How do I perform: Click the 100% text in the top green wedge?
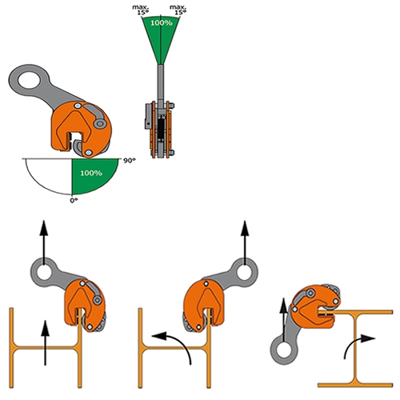[162, 23]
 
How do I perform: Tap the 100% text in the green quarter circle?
[91, 173]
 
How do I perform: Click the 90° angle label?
[129, 161]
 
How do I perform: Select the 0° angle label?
[74, 200]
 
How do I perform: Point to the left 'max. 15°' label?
[141, 10]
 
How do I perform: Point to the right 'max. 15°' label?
[178, 10]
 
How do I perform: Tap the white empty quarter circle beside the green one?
[48, 174]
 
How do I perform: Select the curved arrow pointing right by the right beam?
[354, 343]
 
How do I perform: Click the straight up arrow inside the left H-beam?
[45, 343]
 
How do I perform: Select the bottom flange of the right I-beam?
[355, 385]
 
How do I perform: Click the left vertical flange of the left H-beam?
[11, 347]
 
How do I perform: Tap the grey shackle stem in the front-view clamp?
[161, 83]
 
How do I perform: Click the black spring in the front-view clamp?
[161, 129]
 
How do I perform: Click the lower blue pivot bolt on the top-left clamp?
[89, 153]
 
